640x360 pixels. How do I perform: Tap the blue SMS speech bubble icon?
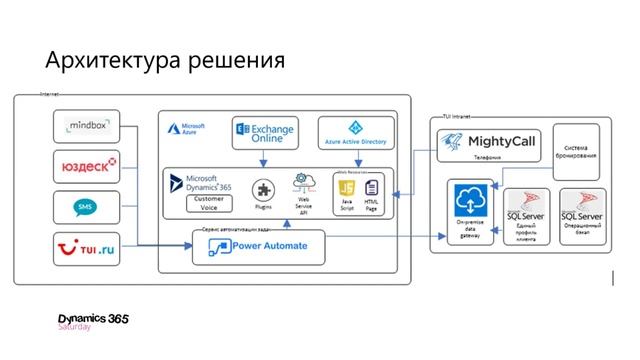(x=87, y=208)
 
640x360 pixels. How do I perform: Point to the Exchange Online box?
(x=266, y=132)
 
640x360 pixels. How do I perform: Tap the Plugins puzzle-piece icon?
(x=264, y=189)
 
